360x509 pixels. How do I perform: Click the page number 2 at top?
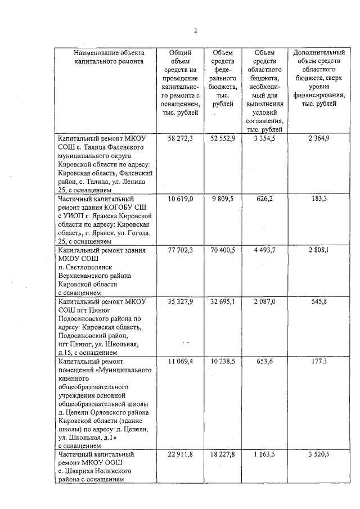pyautogui.click(x=195, y=30)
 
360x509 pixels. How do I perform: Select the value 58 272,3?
pyautogui.click(x=181, y=138)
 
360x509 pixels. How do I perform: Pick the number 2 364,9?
pyautogui.click(x=319, y=138)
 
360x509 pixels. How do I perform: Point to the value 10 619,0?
pyautogui.click(x=181, y=199)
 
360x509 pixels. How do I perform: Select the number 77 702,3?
pyautogui.click(x=181, y=250)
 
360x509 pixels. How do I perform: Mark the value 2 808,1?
pyautogui.click(x=319, y=250)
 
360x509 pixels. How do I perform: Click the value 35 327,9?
pyautogui.click(x=181, y=302)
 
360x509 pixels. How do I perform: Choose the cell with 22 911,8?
pyautogui.click(x=181, y=454)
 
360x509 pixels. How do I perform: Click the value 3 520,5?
pyautogui.click(x=319, y=454)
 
